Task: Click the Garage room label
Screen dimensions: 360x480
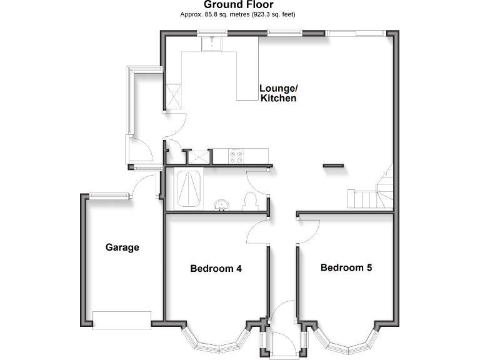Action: (x=122, y=247)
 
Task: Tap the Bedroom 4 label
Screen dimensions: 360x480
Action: (x=216, y=269)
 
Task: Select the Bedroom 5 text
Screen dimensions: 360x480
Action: (x=346, y=268)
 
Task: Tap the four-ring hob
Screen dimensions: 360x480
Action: (x=237, y=156)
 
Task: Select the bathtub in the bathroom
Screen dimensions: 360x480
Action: (x=187, y=187)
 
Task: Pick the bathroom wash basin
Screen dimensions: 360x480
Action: (x=221, y=205)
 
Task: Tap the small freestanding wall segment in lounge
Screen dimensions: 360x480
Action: (x=333, y=166)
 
